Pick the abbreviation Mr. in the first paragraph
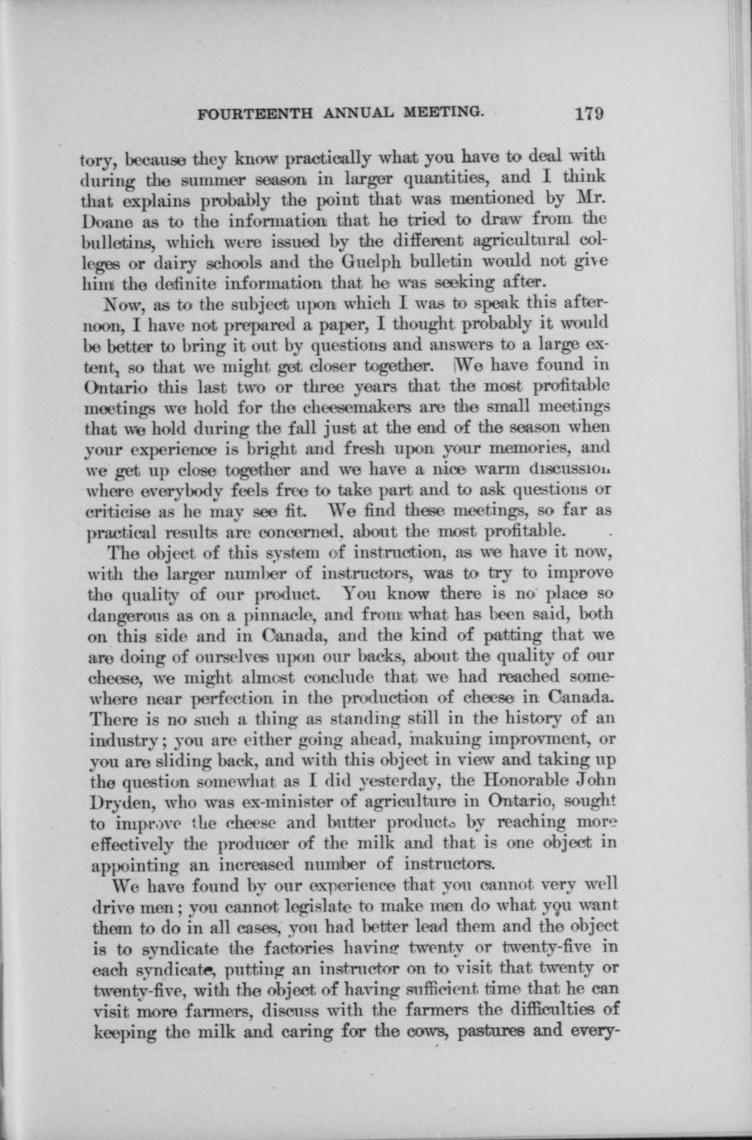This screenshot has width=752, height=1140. [x=588, y=198]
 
